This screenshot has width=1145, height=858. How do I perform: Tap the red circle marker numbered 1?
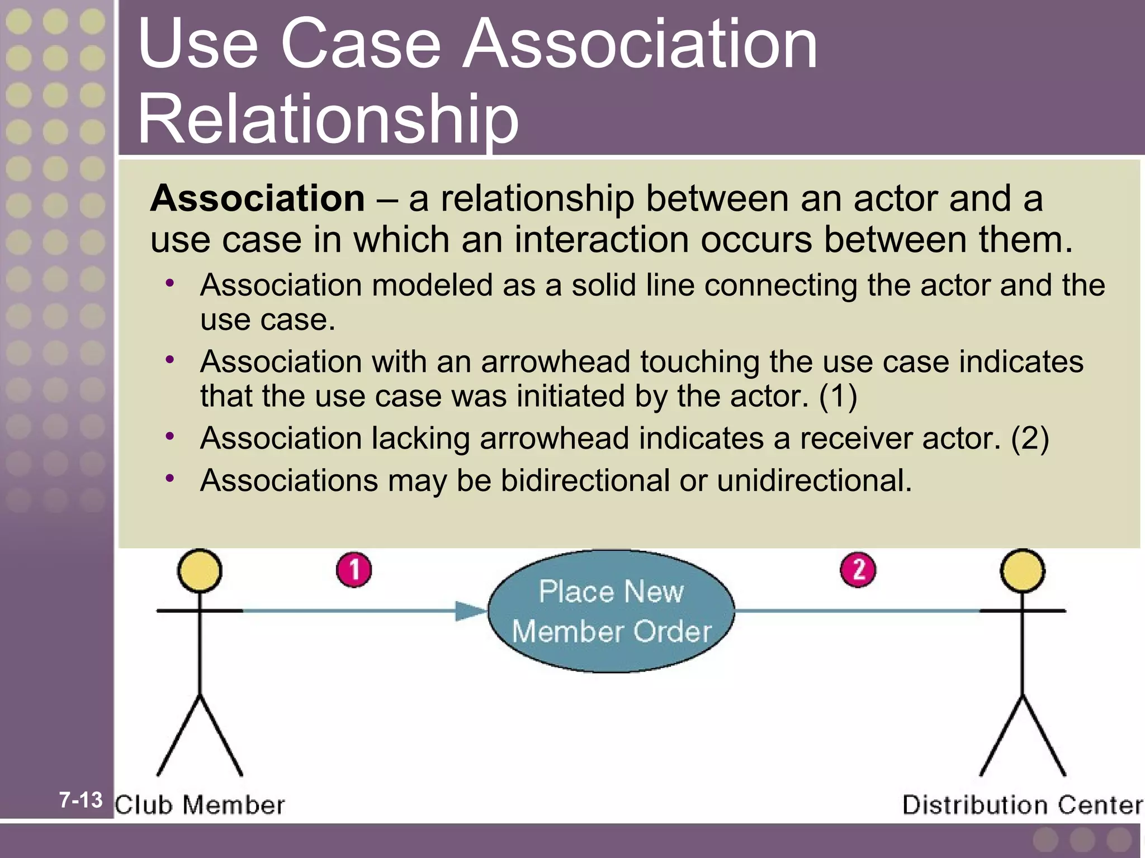[354, 570]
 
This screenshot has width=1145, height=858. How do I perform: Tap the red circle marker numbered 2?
[858, 570]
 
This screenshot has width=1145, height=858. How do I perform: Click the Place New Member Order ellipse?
[611, 612]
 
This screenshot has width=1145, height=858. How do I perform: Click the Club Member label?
[200, 805]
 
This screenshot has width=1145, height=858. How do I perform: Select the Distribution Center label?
[1023, 805]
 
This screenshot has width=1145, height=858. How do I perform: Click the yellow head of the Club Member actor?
[200, 571]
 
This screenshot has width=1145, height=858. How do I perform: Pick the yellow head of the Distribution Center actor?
[1023, 571]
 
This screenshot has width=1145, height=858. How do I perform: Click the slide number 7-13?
[81, 800]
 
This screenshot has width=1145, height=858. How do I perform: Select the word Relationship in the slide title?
[328, 118]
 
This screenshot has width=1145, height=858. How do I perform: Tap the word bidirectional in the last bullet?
[585, 480]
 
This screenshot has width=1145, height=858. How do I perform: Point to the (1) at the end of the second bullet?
[838, 396]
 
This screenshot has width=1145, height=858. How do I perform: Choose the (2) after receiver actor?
[1030, 438]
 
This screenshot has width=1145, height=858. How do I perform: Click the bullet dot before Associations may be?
[170, 478]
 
